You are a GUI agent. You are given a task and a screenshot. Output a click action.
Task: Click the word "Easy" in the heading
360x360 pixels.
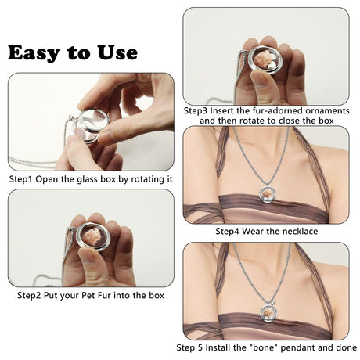[x=34, y=53]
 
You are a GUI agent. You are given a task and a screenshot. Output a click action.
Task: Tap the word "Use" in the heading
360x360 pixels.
[x=117, y=52]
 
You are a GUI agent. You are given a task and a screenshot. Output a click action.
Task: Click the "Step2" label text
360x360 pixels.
[x=29, y=296]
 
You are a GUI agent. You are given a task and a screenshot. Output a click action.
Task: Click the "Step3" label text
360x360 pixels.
[x=196, y=111]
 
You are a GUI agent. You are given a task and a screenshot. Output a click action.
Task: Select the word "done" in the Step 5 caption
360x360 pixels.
[x=346, y=347]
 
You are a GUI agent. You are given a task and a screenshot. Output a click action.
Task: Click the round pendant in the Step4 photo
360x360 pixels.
[x=268, y=195]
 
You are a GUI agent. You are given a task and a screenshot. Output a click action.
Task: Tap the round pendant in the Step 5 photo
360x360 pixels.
[x=268, y=312]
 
